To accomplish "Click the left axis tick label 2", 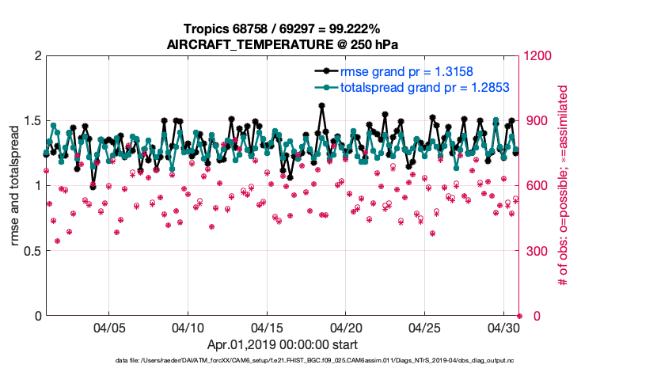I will pos(36,57).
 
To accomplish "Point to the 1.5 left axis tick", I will pos(32,121).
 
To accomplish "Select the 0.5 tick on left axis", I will pos(32,251).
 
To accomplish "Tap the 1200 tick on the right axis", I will pos(539,57).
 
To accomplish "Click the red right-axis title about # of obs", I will pos(564,185).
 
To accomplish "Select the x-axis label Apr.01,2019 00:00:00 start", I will pos(282,345).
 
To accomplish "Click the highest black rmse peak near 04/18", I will pos(321,105).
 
